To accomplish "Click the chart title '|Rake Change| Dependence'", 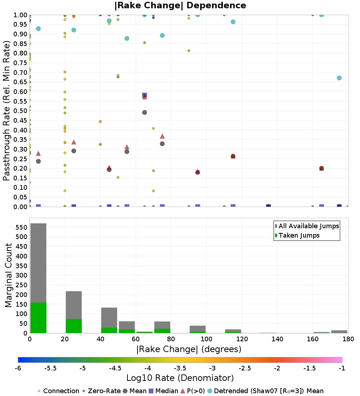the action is coord(180,5).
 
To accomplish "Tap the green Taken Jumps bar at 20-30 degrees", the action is coord(74,326).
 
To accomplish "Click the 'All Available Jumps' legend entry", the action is coord(307,226).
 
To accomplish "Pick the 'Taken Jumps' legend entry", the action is coord(297,235).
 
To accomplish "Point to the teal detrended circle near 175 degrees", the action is coord(339,78).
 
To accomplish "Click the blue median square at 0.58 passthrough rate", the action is coord(144,95).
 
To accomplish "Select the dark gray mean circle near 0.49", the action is coord(144,112).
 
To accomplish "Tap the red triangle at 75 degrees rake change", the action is coord(162,136).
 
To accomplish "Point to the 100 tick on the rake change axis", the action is coord(206,339).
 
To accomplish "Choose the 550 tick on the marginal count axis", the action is coord(22,227).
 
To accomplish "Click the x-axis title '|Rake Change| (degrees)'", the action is coord(189,349).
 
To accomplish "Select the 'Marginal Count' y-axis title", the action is coord(8,275).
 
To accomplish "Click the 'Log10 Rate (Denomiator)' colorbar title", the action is coord(180,378).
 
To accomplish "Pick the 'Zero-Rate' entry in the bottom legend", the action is coord(102,391).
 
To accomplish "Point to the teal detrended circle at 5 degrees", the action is coord(39,28).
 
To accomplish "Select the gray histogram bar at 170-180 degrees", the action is coord(339,332).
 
